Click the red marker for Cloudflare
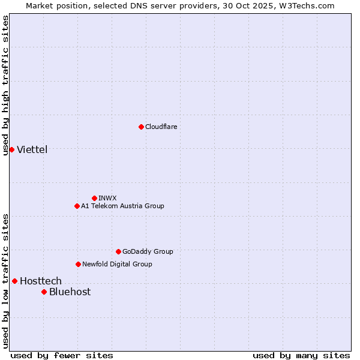click(x=141, y=127)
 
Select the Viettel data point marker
click(x=11, y=149)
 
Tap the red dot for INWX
click(x=94, y=198)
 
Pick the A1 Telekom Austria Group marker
click(x=77, y=206)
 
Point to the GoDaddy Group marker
click(x=118, y=251)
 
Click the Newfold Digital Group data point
click(x=78, y=264)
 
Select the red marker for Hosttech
click(x=14, y=281)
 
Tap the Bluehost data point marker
click(x=44, y=292)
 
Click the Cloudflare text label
click(x=161, y=127)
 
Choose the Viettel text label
click(x=32, y=149)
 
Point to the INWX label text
click(x=107, y=198)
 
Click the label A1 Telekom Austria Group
click(x=122, y=206)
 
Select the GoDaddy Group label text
click(x=148, y=251)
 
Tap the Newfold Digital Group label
click(x=117, y=264)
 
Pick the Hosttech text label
click(x=41, y=281)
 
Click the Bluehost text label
click(x=70, y=292)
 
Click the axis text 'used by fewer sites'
click(x=62, y=355)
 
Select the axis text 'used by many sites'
click(x=301, y=355)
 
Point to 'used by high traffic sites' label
click(x=5, y=85)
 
